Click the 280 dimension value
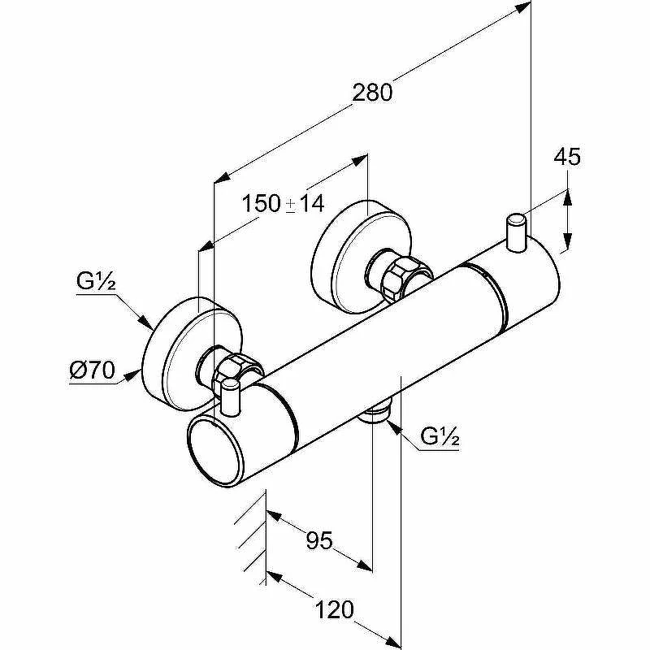tap(372, 92)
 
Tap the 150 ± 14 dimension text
tap(283, 204)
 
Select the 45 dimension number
tap(567, 156)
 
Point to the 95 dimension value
tap(319, 540)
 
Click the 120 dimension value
tap(335, 609)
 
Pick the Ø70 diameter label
tap(92, 370)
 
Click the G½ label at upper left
tap(96, 281)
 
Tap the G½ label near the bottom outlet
tap(440, 436)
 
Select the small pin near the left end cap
tap(231, 397)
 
